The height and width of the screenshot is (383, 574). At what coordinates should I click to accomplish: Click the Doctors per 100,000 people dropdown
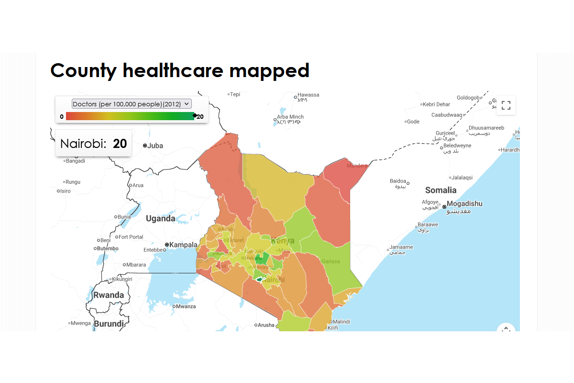pyautogui.click(x=132, y=104)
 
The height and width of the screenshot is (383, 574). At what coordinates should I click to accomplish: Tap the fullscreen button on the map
pyautogui.click(x=506, y=105)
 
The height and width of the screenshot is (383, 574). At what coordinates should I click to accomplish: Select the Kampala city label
pyautogui.click(x=183, y=245)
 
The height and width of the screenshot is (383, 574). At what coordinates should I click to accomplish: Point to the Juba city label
pyautogui.click(x=155, y=146)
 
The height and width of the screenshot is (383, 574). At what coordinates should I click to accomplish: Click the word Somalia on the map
pyautogui.click(x=441, y=190)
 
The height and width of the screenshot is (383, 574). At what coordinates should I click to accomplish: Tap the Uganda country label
pyautogui.click(x=160, y=219)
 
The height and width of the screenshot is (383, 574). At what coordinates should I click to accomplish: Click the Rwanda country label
pyautogui.click(x=108, y=295)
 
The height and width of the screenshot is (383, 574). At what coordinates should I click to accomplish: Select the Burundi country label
pyautogui.click(x=109, y=324)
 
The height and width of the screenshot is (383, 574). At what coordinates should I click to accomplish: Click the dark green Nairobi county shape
pyautogui.click(x=260, y=279)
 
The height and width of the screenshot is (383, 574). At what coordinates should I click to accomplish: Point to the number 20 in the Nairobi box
pyautogui.click(x=120, y=144)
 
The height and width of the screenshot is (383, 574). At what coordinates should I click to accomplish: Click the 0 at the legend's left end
pyautogui.click(x=62, y=116)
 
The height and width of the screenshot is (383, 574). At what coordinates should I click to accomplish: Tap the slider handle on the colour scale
pyautogui.click(x=195, y=115)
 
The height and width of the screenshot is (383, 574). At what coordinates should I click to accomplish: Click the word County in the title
pyautogui.click(x=83, y=70)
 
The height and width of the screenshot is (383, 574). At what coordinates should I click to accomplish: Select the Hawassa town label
pyautogui.click(x=308, y=95)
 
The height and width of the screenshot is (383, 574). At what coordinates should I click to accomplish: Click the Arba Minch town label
pyautogui.click(x=290, y=117)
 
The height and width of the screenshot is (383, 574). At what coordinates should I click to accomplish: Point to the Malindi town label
pyautogui.click(x=341, y=321)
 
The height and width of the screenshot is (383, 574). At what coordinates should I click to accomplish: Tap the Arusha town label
pyautogui.click(x=266, y=325)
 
